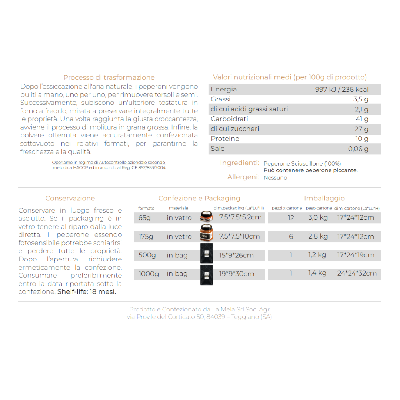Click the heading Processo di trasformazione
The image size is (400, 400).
[x=109, y=77]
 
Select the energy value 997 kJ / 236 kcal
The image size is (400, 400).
[x=341, y=89]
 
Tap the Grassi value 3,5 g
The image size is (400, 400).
[x=361, y=99]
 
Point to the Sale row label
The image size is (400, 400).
[x=218, y=149]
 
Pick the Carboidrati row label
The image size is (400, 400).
[x=229, y=119]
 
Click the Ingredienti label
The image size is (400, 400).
[x=239, y=163]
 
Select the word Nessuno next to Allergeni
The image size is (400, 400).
[x=275, y=178]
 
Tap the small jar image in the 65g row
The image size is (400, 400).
[x=206, y=217]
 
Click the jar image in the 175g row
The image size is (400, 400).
[x=206, y=233]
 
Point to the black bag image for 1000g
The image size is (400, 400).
[x=206, y=275]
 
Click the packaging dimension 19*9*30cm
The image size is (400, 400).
[x=236, y=274]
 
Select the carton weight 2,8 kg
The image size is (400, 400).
[x=318, y=236]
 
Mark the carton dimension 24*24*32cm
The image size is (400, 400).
[x=357, y=273]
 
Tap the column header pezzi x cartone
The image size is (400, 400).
[x=287, y=208]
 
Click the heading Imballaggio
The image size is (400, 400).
[x=324, y=199]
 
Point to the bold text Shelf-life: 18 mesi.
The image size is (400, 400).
[x=87, y=292]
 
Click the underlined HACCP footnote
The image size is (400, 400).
[x=109, y=165]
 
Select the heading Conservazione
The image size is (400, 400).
[x=70, y=199]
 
